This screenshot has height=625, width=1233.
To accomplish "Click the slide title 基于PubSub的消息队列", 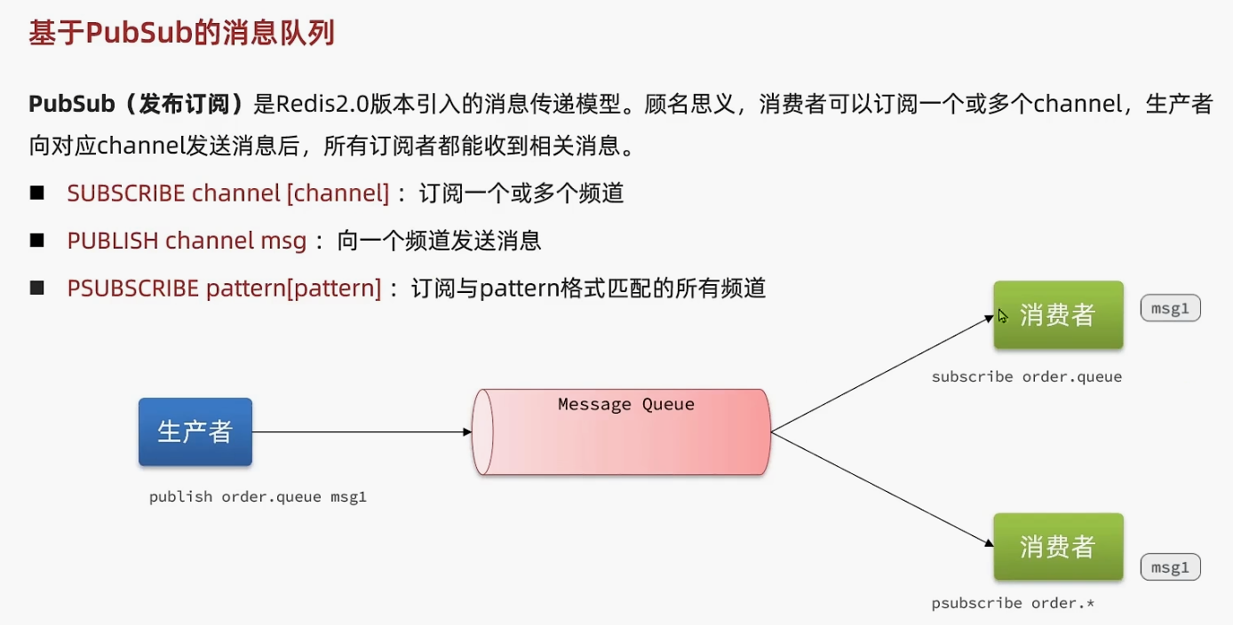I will click(181, 34).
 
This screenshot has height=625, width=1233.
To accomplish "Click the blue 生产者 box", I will click(195, 431).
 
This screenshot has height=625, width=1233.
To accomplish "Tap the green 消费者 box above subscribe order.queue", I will click(1058, 314).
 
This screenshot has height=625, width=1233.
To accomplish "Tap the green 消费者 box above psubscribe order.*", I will click(1058, 546).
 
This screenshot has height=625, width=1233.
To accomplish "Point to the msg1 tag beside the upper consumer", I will click(1170, 308).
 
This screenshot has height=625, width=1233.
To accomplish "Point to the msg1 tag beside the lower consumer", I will click(1170, 567).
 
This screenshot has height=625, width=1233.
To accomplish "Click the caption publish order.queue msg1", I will click(258, 497).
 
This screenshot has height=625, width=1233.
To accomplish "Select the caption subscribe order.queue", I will click(1026, 376).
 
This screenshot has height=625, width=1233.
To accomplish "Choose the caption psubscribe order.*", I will click(1013, 604).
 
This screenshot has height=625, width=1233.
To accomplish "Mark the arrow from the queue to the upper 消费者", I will click(879, 374).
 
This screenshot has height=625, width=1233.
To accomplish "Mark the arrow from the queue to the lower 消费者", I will click(879, 488).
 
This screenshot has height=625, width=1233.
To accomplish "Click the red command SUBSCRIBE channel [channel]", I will click(228, 193).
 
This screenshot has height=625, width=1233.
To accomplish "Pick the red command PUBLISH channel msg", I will click(187, 241).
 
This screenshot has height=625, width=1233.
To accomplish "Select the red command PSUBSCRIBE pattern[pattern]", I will click(224, 289).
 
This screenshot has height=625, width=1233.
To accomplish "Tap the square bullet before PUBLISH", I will click(36, 241).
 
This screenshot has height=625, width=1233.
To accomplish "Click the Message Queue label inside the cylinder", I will click(626, 405).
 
